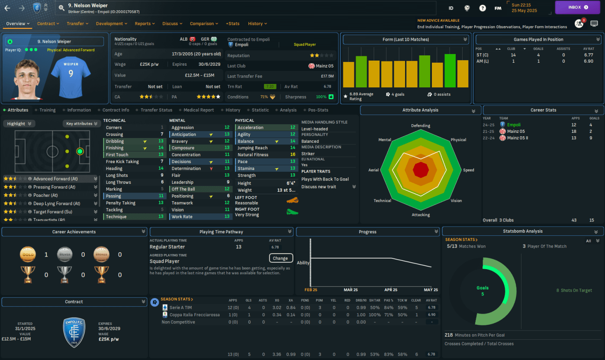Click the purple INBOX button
578,7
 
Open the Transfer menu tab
77,24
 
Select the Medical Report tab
199,110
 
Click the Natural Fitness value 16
293,154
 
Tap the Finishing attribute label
115,148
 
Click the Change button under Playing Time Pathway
280,258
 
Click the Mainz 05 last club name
324,66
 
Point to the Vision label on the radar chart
456,201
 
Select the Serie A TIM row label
182,307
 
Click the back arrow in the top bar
7,8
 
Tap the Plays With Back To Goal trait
325,179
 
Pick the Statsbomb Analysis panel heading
522,231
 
